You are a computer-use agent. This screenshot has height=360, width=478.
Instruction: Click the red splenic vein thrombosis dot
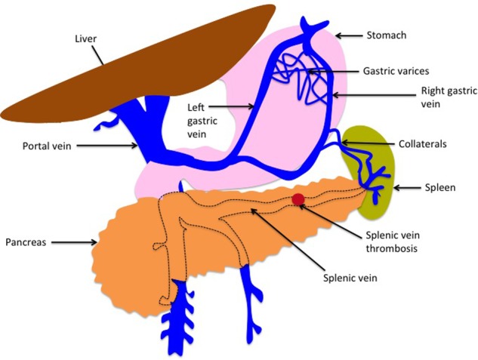pos(298,199)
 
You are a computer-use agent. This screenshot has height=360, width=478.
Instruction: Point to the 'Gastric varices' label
pos(396,71)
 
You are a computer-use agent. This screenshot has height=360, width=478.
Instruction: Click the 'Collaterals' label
pos(418,143)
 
